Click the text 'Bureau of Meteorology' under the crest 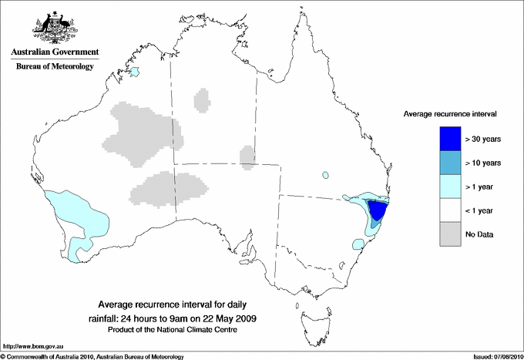pos(55,67)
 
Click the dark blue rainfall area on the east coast pos(378,210)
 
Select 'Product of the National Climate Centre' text pos(183,329)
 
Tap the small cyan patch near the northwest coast pos(135,72)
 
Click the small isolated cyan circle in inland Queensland pos(326,174)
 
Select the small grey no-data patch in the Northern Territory pos(202,99)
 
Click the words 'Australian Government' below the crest pos(55,52)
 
